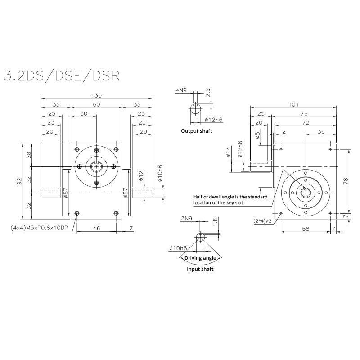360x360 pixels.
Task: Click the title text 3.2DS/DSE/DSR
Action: pos(61,75)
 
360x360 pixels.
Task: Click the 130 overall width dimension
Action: pos(96,95)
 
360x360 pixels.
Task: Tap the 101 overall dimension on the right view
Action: pos(293,105)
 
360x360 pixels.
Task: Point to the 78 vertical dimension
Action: pos(346,181)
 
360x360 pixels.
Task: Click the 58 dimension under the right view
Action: pos(306,229)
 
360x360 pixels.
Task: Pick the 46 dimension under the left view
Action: pos(96,229)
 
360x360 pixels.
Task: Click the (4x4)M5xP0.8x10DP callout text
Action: pos(39,229)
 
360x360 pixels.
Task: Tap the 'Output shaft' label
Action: pos(196,131)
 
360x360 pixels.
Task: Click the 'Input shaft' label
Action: pos(200,269)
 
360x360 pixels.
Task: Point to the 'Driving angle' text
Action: pos(201,258)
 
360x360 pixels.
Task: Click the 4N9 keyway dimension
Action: pos(182,90)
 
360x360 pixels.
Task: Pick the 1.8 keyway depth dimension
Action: pos(215,221)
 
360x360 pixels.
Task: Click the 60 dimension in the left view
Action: pos(96,104)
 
